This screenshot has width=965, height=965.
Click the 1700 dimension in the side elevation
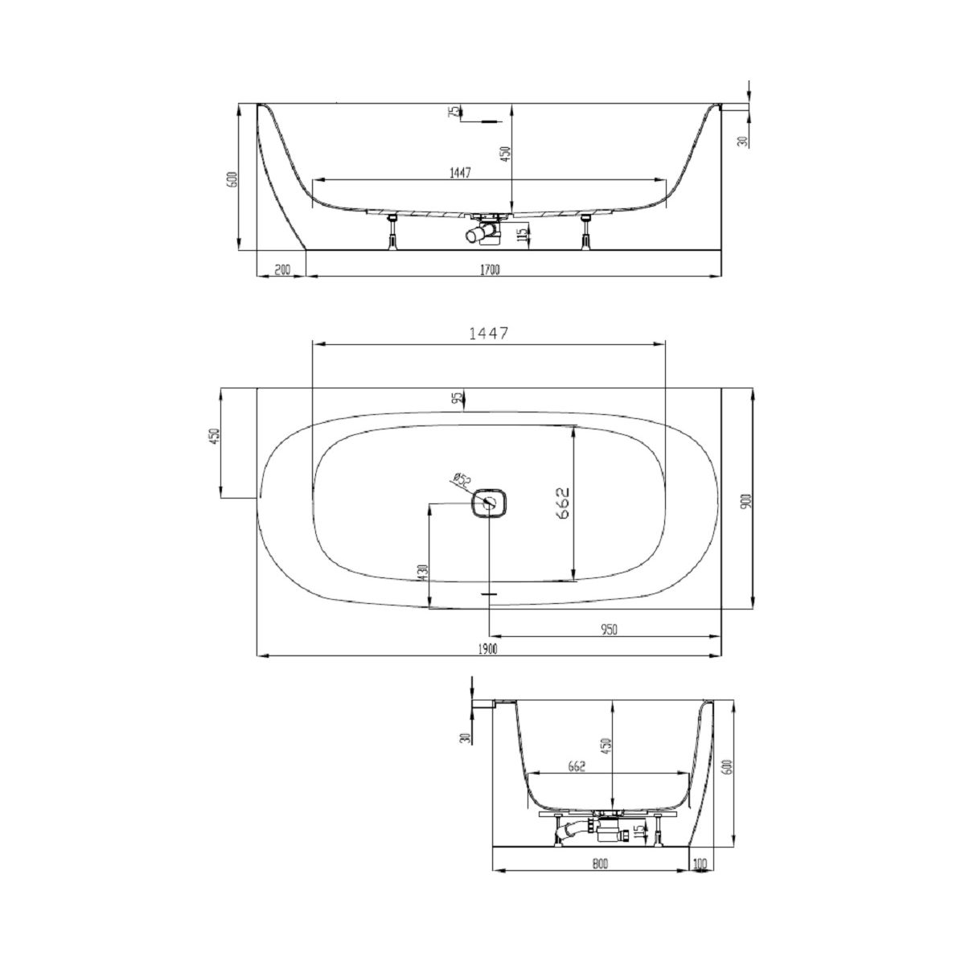tap(489, 270)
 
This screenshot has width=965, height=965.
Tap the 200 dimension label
tap(282, 270)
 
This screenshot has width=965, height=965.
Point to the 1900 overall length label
tap(488, 650)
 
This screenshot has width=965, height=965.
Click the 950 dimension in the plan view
tap(609, 630)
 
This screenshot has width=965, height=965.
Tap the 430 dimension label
tap(423, 573)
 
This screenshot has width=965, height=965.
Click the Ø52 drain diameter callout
tap(462, 480)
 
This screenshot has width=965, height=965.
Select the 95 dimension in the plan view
tap(456, 398)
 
